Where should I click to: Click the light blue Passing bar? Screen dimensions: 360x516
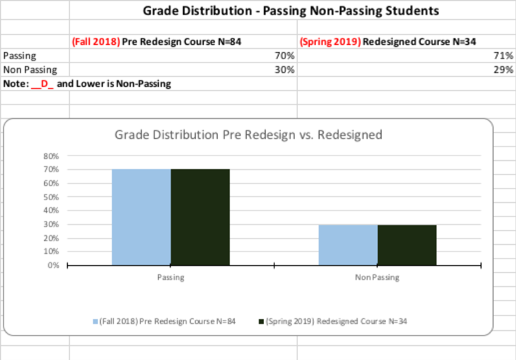(141, 217)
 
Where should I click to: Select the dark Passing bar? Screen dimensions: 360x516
(200, 217)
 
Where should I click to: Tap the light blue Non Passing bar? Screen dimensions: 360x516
(348, 244)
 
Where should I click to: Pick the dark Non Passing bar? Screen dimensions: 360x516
(407, 244)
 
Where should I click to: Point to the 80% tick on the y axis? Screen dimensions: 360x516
(51, 156)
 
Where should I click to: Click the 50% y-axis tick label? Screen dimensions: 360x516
(51, 197)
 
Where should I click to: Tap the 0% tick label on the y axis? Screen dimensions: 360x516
(53, 265)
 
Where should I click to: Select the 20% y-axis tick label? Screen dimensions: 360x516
(51, 238)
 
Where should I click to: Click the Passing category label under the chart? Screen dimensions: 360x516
(171, 277)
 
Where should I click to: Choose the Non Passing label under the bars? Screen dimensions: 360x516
(377, 277)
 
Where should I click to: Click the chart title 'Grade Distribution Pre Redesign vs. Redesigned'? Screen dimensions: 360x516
(248, 135)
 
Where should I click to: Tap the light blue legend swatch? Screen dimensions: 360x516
(95, 321)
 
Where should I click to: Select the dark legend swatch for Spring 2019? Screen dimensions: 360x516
(260, 321)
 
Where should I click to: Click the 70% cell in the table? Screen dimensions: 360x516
(284, 55)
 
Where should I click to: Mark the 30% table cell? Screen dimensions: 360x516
(284, 69)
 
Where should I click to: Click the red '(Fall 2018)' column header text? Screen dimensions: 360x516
(95, 41)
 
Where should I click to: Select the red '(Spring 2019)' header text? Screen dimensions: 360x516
(330, 41)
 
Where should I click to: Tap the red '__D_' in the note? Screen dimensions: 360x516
(43, 84)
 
